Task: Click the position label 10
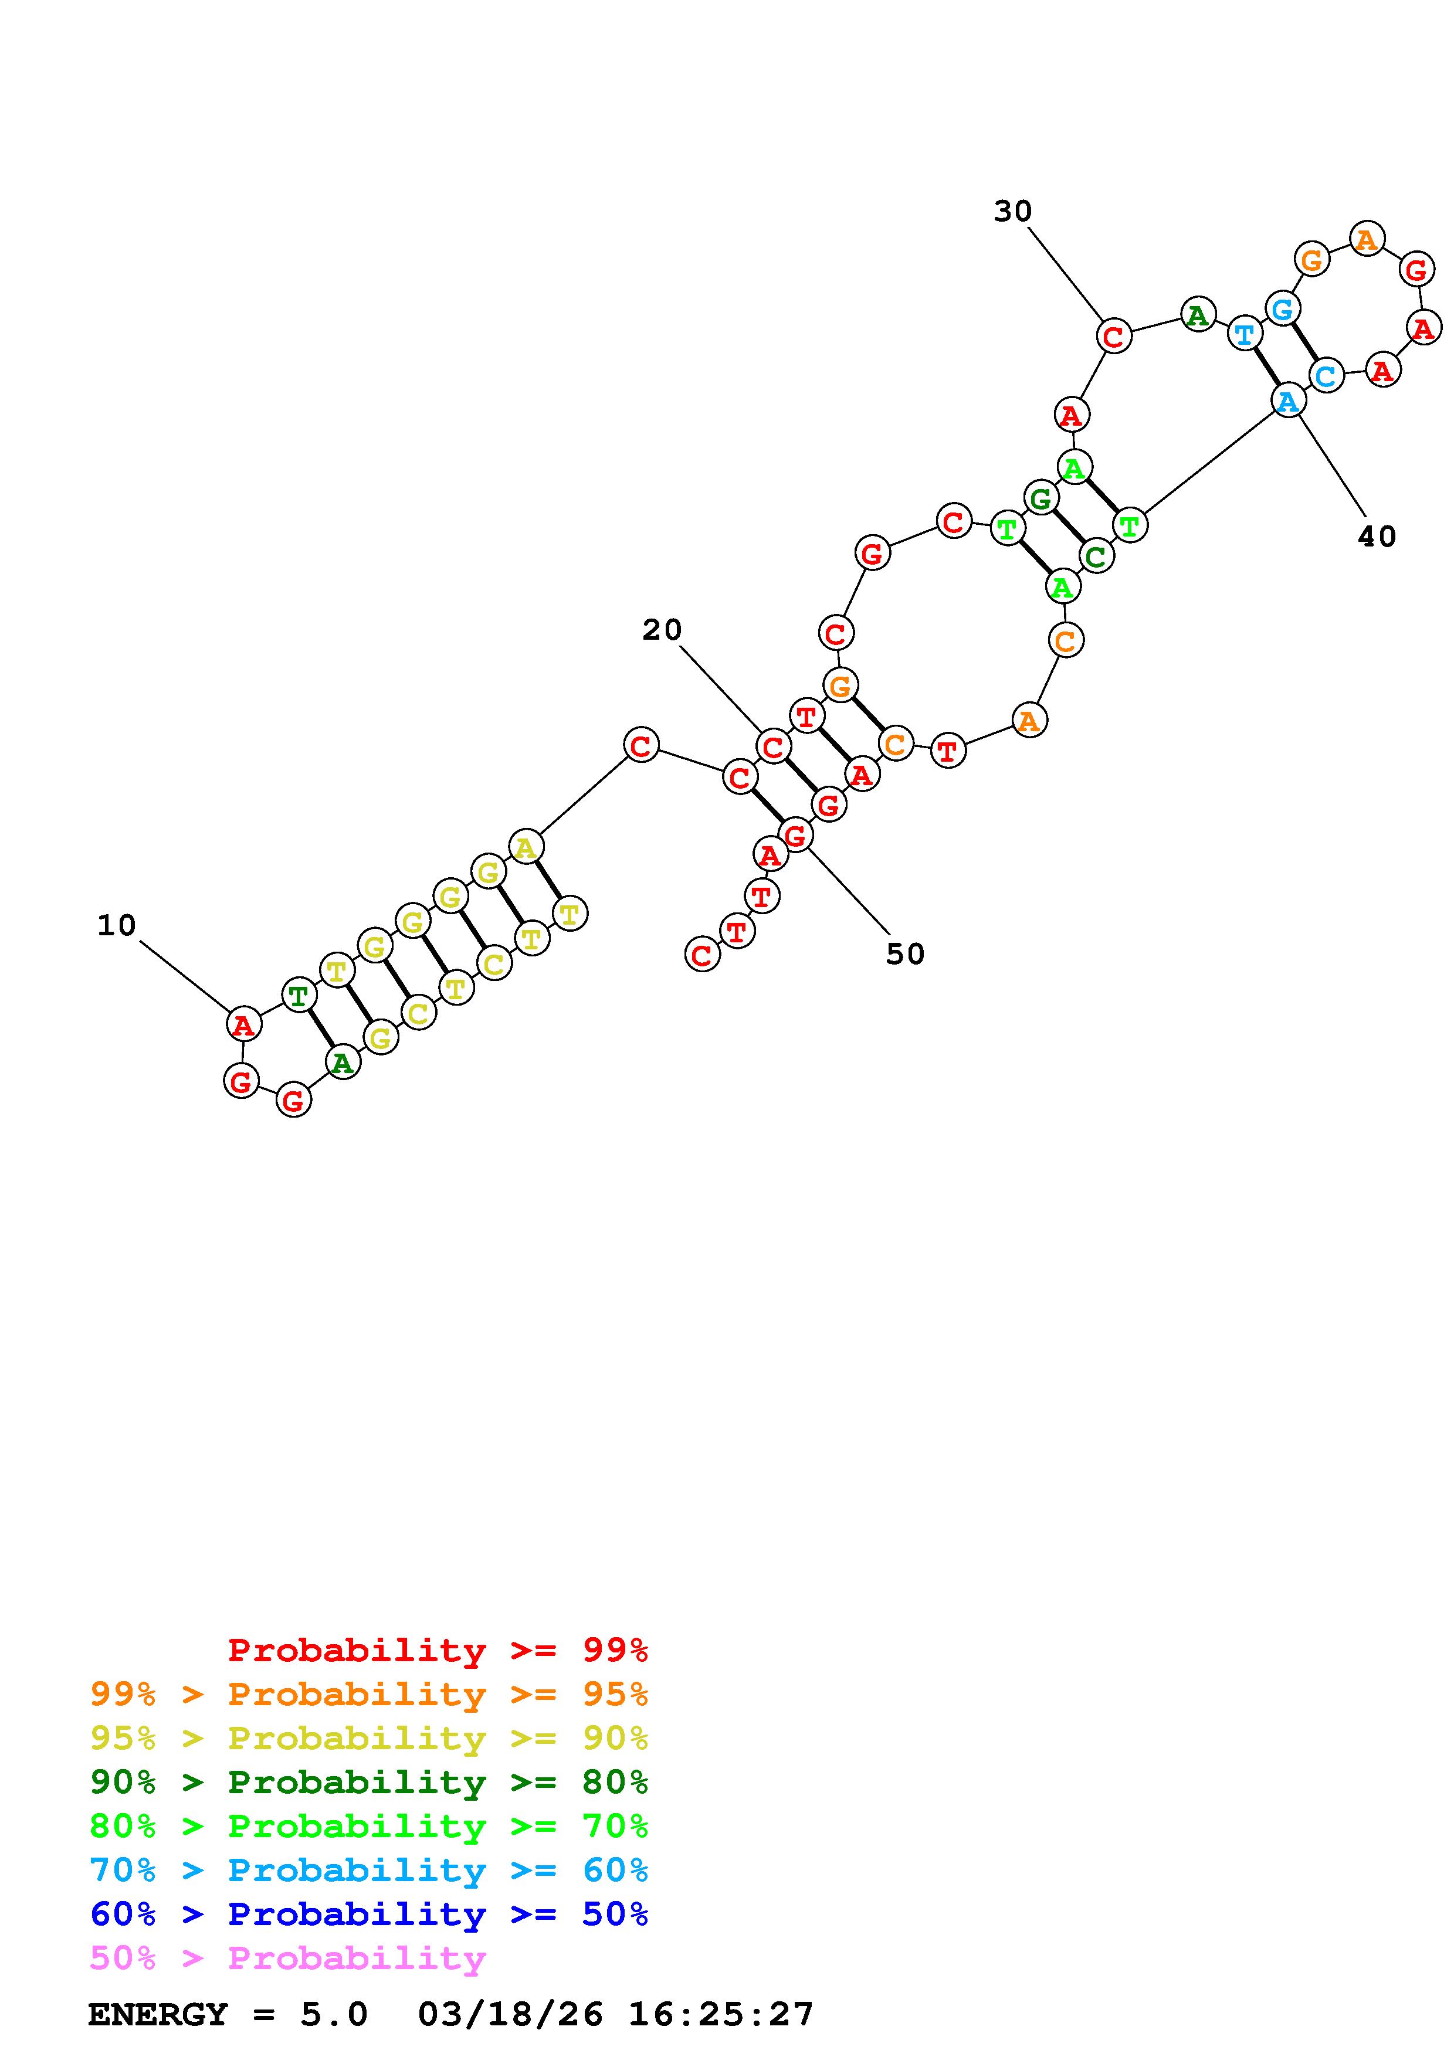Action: (x=117, y=925)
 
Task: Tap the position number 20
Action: (x=662, y=630)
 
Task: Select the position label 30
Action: (x=1014, y=212)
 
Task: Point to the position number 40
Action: (x=1377, y=537)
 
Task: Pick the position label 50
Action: (x=905, y=954)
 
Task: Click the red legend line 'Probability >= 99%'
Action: (x=438, y=1649)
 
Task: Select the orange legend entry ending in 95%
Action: (x=369, y=1693)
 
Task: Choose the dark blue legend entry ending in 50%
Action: (x=369, y=1914)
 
